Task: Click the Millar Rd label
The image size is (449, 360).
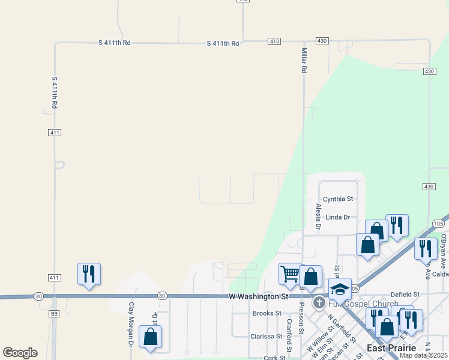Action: tap(304, 61)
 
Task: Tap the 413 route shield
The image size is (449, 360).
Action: tap(274, 41)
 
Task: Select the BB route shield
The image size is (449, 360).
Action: tap(54, 313)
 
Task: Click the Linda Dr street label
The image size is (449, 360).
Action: tap(338, 217)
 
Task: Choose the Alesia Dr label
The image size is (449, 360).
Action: tap(318, 217)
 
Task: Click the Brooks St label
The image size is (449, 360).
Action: tap(267, 313)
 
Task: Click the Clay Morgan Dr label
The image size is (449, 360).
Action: tap(131, 324)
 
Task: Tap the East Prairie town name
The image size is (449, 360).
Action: tap(391, 348)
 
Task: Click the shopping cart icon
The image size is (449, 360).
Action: tap(290, 274)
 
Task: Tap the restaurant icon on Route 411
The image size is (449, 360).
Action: tap(89, 274)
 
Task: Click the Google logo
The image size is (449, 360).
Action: tap(20, 353)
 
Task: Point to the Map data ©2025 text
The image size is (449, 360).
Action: tap(424, 356)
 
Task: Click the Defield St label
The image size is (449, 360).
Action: tap(405, 295)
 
